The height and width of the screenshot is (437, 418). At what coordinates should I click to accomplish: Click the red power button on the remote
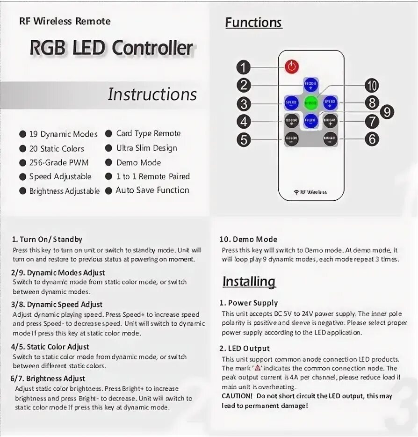[x=292, y=66]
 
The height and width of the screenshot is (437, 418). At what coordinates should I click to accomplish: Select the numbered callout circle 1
[x=243, y=67]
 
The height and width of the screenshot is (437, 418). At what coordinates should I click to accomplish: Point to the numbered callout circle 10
[x=372, y=86]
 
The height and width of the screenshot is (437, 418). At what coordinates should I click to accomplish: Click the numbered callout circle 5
[x=244, y=139]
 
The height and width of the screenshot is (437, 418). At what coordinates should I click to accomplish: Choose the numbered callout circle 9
[x=387, y=112]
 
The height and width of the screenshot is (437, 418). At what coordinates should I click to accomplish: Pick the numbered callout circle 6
[x=372, y=139]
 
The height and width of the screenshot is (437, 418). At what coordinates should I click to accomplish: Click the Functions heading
[x=253, y=22]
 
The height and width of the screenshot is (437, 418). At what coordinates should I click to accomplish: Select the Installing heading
[x=249, y=281]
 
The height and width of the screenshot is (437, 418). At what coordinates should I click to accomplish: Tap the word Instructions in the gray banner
[x=152, y=94]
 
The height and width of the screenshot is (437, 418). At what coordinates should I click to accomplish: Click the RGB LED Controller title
[x=111, y=48]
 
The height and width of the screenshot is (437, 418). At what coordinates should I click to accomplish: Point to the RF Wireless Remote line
[x=65, y=21]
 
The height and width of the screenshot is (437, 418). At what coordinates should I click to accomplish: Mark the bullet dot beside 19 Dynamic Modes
[x=22, y=134]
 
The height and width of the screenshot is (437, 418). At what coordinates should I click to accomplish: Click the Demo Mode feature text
[x=138, y=162]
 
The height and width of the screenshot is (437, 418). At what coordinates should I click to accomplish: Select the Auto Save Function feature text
[x=152, y=190]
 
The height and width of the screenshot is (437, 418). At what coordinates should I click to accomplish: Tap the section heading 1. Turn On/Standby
[x=47, y=239]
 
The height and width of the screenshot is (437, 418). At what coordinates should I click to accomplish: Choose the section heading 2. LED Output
[x=245, y=348]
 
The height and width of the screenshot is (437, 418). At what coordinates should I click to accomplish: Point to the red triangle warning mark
[x=257, y=368]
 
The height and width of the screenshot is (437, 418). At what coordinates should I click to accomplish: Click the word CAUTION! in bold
[x=237, y=396]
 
